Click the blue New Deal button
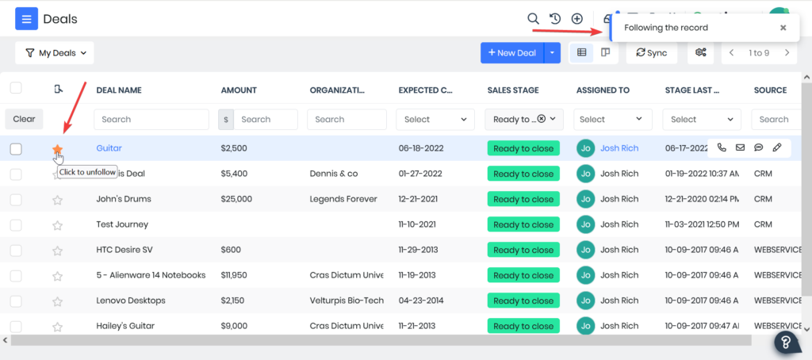511,53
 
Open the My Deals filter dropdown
55,53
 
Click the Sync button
646,53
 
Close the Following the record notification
783,28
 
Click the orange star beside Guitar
57,148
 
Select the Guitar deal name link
109,148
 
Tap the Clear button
24,119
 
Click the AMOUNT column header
239,90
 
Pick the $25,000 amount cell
236,199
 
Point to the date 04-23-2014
421,301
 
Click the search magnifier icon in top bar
534,18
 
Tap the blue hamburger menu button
26,18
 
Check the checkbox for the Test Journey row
16,224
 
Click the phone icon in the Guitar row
722,147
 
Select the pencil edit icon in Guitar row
777,147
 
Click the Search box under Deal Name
151,120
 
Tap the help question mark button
786,343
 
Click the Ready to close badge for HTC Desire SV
523,250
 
